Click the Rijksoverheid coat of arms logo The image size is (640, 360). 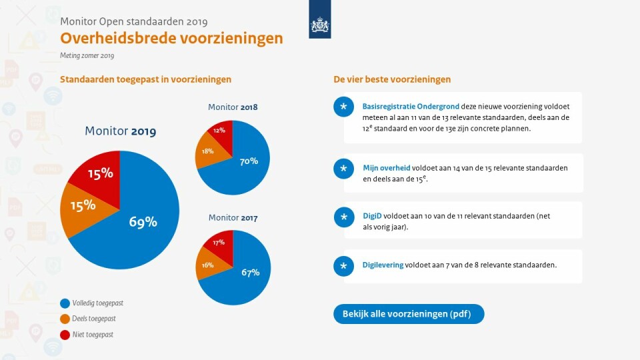pos(320,25)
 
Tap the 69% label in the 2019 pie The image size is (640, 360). pos(143,222)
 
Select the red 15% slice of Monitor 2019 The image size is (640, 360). pos(100,174)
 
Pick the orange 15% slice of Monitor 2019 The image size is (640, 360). pos(83,205)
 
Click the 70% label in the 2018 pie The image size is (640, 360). pos(249,161)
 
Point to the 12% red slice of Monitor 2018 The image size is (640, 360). pos(220,131)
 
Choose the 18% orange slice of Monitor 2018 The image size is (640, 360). pos(208,151)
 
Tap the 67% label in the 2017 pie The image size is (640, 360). pos(250,272)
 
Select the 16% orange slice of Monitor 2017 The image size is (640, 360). pos(207,265)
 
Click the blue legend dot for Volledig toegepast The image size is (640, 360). pos(65,303)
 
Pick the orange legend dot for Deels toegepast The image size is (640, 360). pos(65,319)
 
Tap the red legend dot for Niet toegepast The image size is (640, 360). pos(65,335)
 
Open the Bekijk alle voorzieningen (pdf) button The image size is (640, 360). pos(408,314)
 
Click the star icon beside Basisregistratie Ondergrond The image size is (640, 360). pos(343,107)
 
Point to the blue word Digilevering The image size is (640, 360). pos(383,265)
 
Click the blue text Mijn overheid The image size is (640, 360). pos(387,168)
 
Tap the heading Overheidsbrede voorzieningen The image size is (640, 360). pos(171,38)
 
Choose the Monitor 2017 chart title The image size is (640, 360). pos(233,218)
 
